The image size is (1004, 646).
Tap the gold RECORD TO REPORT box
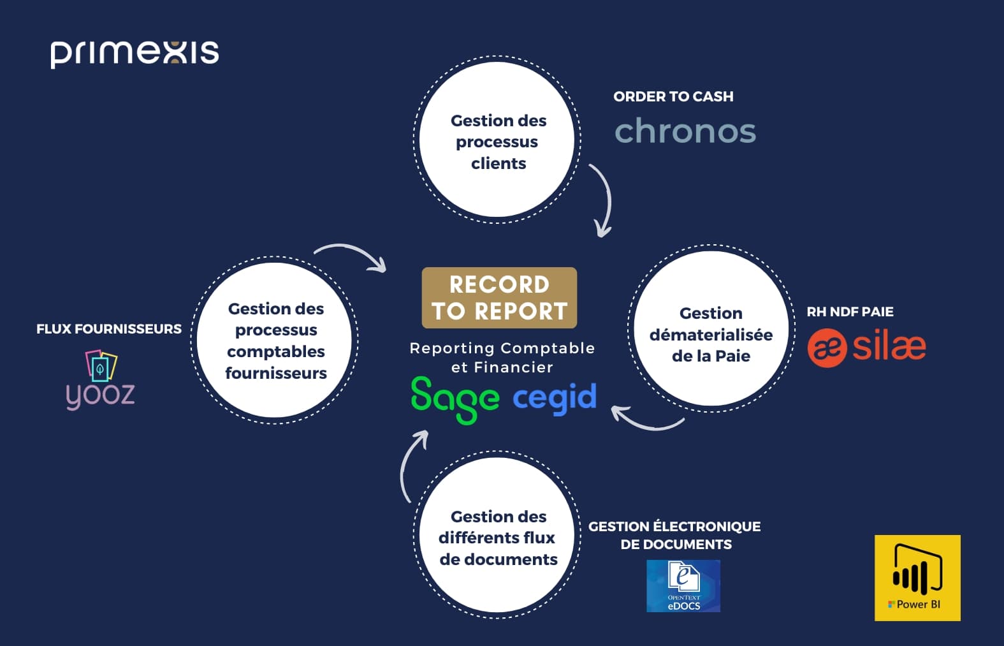[x=499, y=298]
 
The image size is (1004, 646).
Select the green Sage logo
[x=455, y=399]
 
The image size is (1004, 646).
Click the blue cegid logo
[x=555, y=397]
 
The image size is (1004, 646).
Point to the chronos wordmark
[x=685, y=131]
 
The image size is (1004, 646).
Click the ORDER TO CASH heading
[x=673, y=97]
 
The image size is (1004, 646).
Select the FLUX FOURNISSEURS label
[x=109, y=329]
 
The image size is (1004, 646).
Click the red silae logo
[x=866, y=348]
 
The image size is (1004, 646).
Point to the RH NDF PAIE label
[x=850, y=312]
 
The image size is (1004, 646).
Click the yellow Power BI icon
[x=917, y=578]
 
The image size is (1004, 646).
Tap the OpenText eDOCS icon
[x=683, y=586]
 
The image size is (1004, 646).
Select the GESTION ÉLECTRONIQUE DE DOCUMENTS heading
[x=675, y=535]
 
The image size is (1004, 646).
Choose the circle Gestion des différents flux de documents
[x=497, y=536]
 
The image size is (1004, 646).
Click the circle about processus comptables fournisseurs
[x=275, y=340]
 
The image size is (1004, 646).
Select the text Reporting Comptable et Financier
[x=502, y=357]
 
